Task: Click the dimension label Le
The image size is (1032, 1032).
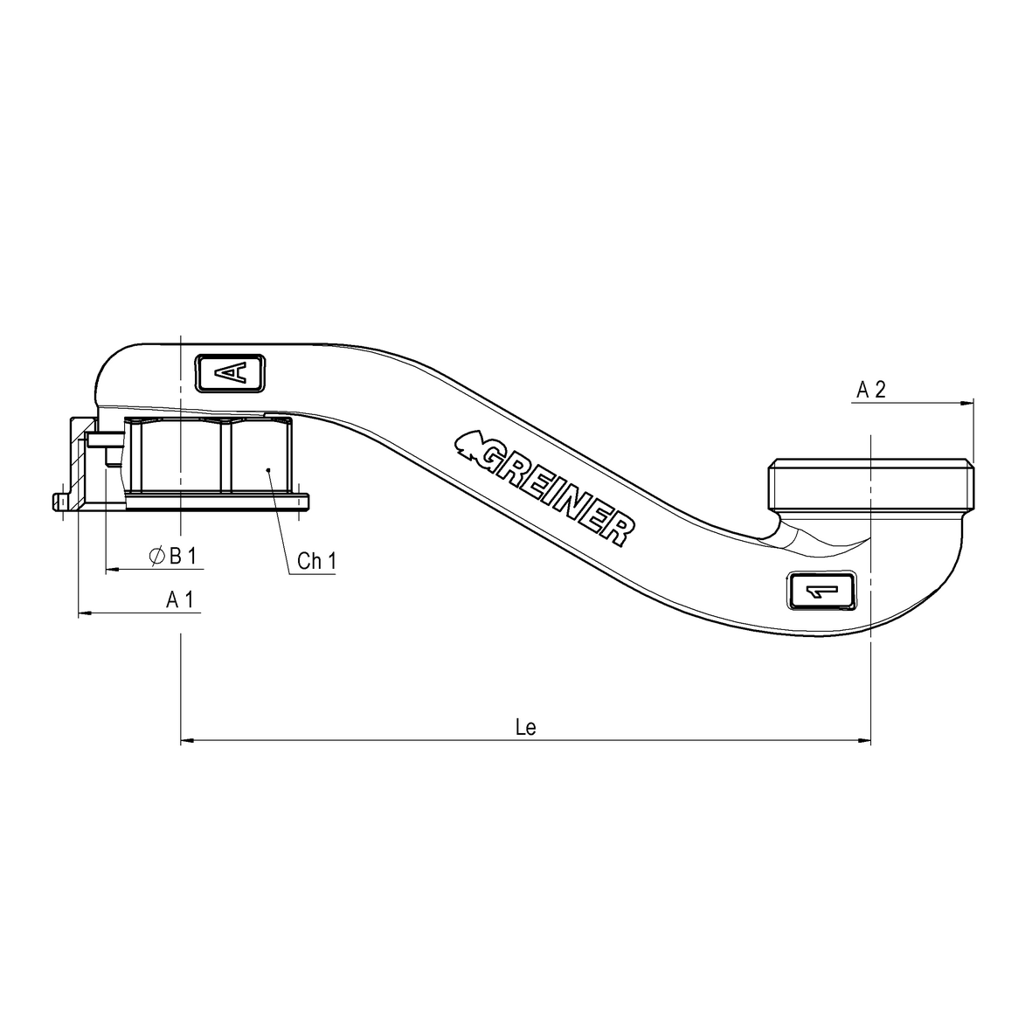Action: click(x=525, y=728)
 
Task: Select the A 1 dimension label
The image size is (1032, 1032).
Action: click(x=180, y=599)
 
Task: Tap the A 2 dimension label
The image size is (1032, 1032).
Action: click(x=870, y=390)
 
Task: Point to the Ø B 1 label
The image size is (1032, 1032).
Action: click(x=174, y=556)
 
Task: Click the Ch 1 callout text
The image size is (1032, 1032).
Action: click(x=315, y=561)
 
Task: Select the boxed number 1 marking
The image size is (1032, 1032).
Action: click(x=822, y=592)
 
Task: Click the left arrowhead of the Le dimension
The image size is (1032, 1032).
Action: click(x=185, y=743)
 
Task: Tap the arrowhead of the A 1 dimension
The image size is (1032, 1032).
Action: click(x=84, y=614)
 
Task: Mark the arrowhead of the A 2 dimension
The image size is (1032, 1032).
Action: click(x=967, y=403)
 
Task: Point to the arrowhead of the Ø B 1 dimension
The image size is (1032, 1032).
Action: click(x=111, y=570)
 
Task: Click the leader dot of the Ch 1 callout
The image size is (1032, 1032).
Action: click(x=269, y=470)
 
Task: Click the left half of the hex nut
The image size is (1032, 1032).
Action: click(x=179, y=456)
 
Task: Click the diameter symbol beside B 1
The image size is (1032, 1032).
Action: click(x=156, y=556)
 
